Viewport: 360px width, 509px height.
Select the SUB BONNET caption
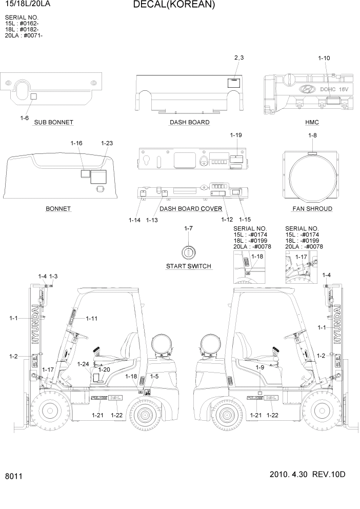click(53, 122)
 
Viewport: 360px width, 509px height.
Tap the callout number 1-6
click(24, 118)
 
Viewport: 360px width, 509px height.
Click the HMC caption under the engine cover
click(311, 122)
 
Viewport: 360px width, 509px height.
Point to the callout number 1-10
click(324, 58)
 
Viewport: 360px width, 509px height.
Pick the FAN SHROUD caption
click(312, 209)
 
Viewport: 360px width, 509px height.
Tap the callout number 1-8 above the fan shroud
click(312, 135)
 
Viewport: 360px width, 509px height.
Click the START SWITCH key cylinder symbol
click(188, 252)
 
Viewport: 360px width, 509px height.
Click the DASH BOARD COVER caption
click(191, 209)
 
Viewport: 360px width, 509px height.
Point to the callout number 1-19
click(236, 135)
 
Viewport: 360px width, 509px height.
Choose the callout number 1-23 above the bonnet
click(107, 143)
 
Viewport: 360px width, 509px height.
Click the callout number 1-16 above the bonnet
click(76, 143)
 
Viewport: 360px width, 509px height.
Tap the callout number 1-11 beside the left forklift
click(92, 319)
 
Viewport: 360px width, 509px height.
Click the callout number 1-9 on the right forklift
click(259, 367)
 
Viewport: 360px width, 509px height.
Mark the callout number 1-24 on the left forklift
click(83, 364)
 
